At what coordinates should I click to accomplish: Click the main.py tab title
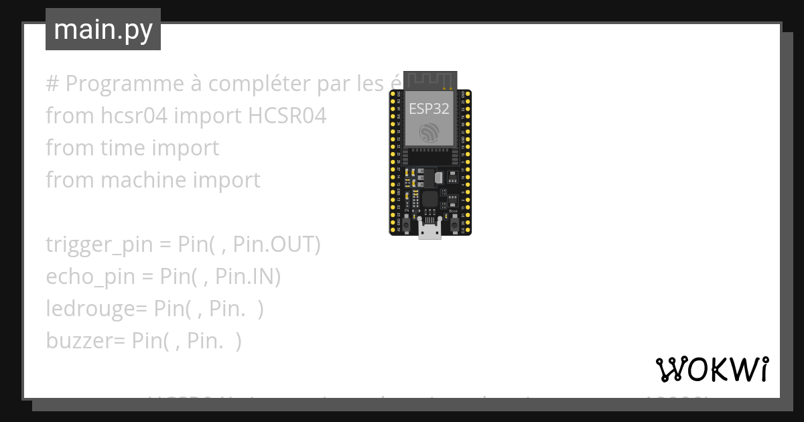103,30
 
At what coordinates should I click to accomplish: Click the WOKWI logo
712,369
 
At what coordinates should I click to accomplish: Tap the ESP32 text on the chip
429,109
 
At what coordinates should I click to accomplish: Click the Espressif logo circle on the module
429,133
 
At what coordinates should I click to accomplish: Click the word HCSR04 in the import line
287,116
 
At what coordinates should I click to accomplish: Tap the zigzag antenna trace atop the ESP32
429,78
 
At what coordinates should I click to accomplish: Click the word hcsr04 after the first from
133,116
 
